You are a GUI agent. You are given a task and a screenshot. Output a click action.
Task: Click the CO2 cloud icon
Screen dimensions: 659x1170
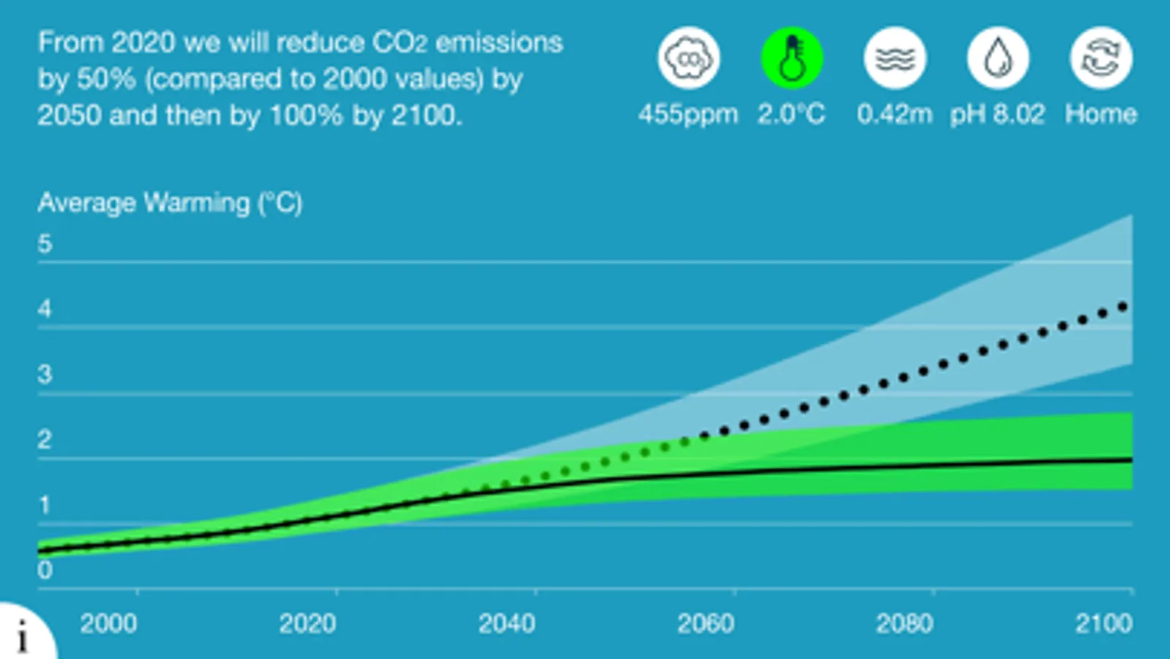(x=689, y=58)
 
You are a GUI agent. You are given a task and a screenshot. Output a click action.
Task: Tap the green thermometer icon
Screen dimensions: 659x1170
(x=792, y=58)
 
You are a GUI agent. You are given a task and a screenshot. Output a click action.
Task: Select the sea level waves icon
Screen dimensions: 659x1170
(x=895, y=58)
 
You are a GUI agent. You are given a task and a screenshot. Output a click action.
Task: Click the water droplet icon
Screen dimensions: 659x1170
(x=998, y=58)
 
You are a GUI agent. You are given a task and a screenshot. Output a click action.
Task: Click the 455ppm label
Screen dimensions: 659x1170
(x=688, y=114)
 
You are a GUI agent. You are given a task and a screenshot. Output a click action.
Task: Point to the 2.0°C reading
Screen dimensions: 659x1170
(x=791, y=114)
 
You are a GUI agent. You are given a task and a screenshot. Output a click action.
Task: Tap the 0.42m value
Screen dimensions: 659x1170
(x=894, y=114)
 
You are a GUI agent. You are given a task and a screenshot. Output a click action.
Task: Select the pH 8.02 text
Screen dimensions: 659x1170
(x=997, y=114)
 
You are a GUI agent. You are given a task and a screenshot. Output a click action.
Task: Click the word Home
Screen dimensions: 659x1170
(x=1100, y=114)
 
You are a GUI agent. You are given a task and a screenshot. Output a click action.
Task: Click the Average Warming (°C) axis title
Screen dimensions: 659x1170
(x=170, y=203)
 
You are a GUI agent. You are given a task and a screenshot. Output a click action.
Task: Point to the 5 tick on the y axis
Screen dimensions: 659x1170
(x=45, y=244)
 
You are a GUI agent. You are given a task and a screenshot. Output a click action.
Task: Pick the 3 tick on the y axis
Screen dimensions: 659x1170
(x=45, y=375)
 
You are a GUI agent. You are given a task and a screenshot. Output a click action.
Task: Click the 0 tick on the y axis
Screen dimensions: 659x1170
(x=45, y=570)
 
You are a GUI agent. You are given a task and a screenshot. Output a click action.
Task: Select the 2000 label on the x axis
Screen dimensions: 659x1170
(x=108, y=624)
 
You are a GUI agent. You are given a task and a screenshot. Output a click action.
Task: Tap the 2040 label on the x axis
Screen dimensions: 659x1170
(x=506, y=624)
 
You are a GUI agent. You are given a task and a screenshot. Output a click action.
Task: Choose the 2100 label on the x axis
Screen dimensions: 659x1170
(x=1103, y=624)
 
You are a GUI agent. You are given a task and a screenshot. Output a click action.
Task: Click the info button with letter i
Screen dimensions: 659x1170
(x=23, y=635)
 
